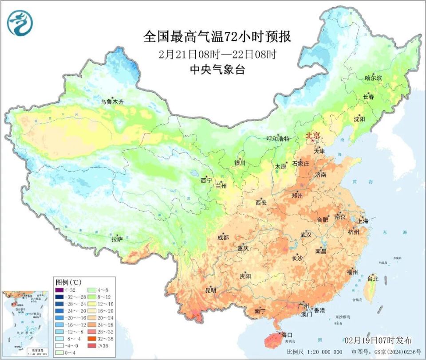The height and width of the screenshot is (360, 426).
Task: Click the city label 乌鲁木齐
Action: pyautogui.click(x=112, y=102)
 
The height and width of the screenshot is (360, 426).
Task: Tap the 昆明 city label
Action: pyautogui.click(x=210, y=290)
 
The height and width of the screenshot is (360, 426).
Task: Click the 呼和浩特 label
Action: pyautogui.click(x=277, y=139)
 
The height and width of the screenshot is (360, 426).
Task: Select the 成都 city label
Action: pyautogui.click(x=223, y=238)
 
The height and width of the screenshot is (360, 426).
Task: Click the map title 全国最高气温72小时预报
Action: pyautogui.click(x=217, y=37)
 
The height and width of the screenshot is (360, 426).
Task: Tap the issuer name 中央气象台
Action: pyautogui.click(x=217, y=70)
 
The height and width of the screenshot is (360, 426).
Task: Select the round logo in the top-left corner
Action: pyautogui.click(x=20, y=23)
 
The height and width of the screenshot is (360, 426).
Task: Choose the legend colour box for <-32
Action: pyautogui.click(x=59, y=290)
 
